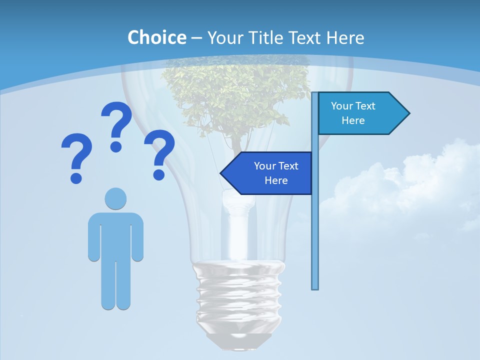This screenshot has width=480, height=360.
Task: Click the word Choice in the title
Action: pos(156,37)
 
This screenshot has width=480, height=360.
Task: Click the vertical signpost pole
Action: pos(315,235)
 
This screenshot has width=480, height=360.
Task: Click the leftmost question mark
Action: pos(76,155)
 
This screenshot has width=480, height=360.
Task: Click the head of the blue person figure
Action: pos(115,198)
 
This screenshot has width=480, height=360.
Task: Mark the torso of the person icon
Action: pos(115,235)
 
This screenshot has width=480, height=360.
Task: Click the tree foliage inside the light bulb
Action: pos(235,95)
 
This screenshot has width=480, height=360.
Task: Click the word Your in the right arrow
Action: pos(342,106)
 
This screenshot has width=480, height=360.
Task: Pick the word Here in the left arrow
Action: pos(276,180)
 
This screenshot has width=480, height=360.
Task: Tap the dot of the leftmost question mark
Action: pos(76,177)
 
